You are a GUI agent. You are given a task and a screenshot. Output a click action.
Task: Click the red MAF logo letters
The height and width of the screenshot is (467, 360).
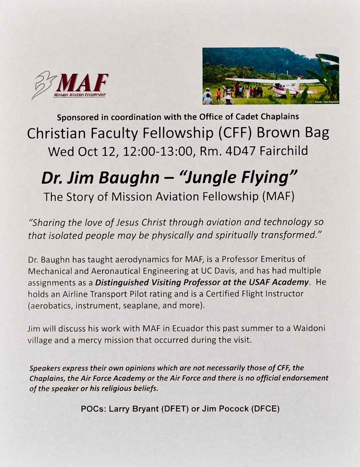pyautogui.click(x=82, y=83)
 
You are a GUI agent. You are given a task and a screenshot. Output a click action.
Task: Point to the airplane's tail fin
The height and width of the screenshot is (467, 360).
pyautogui.click(x=298, y=82)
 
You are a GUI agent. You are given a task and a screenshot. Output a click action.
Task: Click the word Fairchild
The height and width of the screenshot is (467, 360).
pyautogui.click(x=284, y=151)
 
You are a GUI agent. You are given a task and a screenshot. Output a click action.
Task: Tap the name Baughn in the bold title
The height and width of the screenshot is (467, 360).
pyautogui.click(x=129, y=178)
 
